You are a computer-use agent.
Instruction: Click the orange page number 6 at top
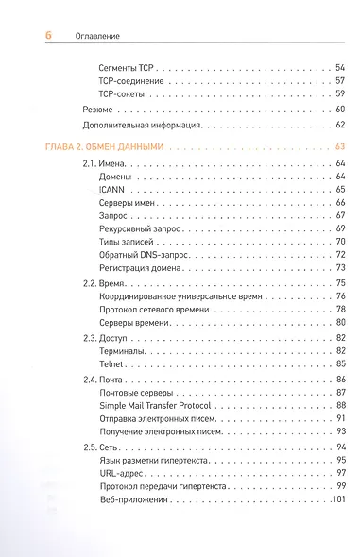[x=48, y=35]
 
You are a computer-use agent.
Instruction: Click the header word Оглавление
[x=95, y=36]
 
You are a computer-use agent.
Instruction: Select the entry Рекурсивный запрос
[x=140, y=228]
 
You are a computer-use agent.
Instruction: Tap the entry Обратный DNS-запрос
[x=143, y=255]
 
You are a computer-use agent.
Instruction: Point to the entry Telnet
[x=111, y=363]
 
